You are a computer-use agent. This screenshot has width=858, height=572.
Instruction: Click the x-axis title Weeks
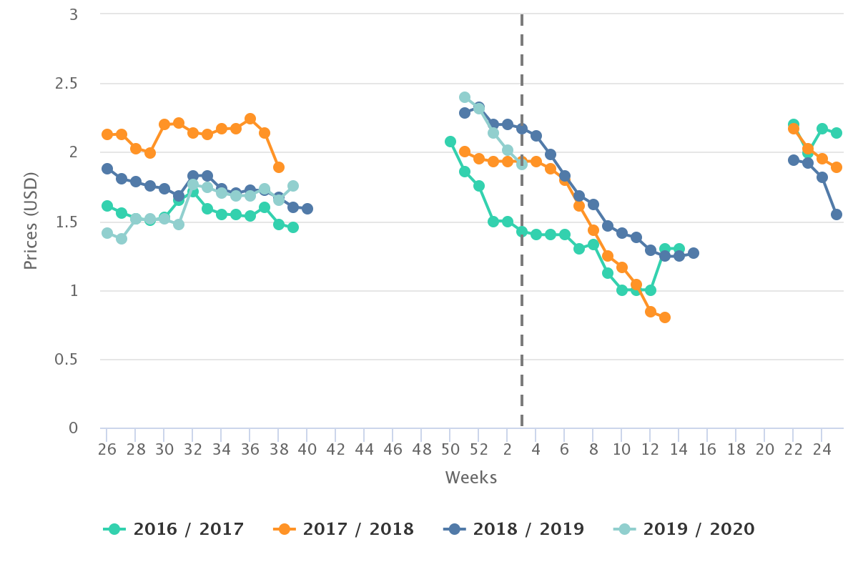tap(471, 478)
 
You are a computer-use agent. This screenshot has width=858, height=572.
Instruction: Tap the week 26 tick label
tap(107, 450)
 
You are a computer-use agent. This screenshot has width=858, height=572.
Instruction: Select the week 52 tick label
tap(478, 450)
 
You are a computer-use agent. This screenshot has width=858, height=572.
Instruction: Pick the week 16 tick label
tap(707, 450)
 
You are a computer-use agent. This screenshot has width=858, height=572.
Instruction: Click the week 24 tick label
tap(822, 450)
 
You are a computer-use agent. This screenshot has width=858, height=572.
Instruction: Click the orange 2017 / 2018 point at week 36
tap(250, 119)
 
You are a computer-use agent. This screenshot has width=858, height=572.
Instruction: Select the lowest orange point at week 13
tap(664, 317)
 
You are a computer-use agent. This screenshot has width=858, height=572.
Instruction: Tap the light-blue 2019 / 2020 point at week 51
tap(464, 97)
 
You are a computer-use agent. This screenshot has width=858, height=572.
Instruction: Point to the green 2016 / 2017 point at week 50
tap(450, 142)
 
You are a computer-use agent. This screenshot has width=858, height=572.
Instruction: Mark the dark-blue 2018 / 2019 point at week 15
tap(693, 253)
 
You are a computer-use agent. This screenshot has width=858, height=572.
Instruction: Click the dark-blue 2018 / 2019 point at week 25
tap(836, 214)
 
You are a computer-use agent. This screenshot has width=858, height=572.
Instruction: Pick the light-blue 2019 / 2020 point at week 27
tap(121, 239)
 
